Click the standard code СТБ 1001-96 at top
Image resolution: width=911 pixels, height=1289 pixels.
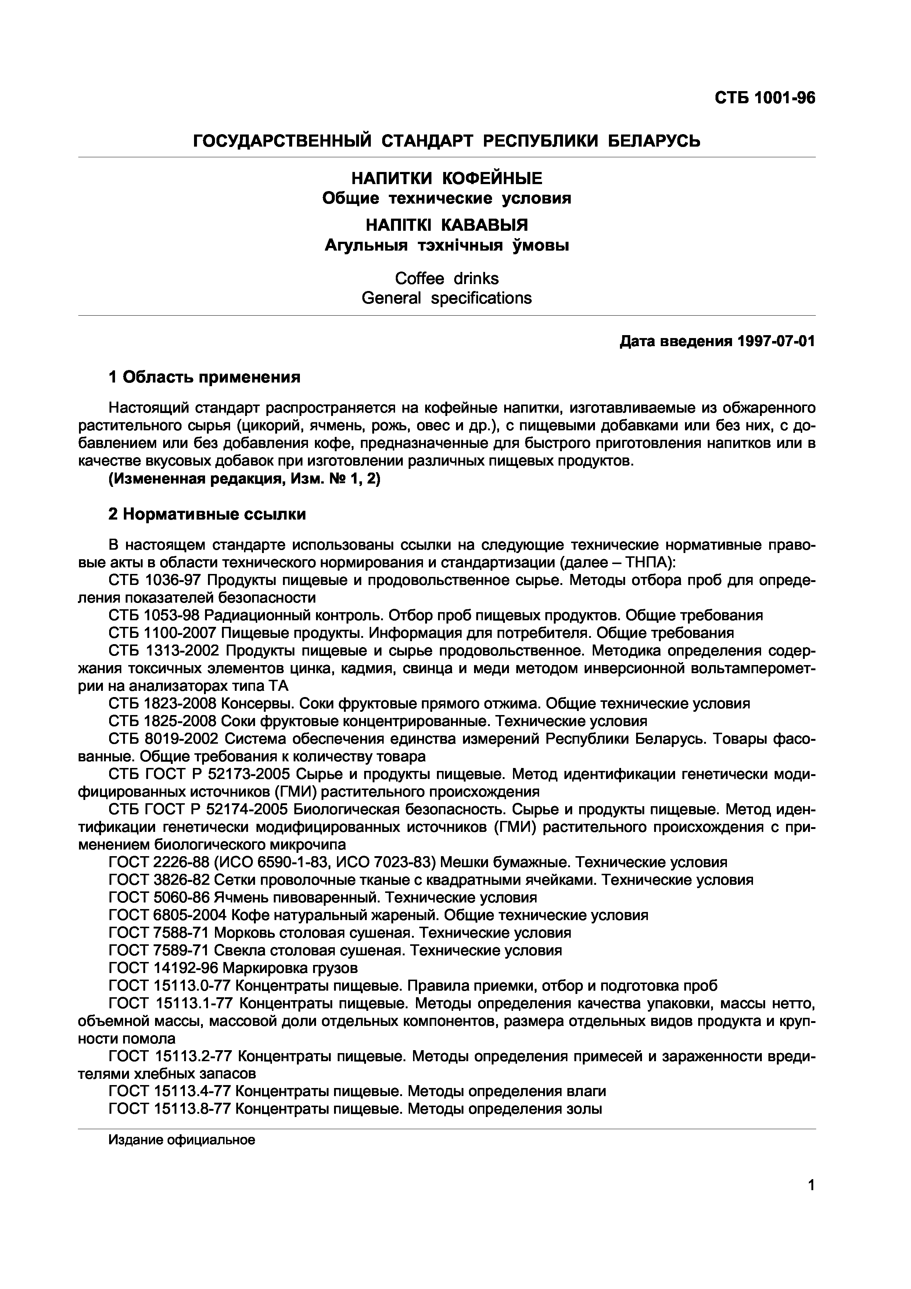tap(764, 98)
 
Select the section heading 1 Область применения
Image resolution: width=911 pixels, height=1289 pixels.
tap(204, 377)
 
